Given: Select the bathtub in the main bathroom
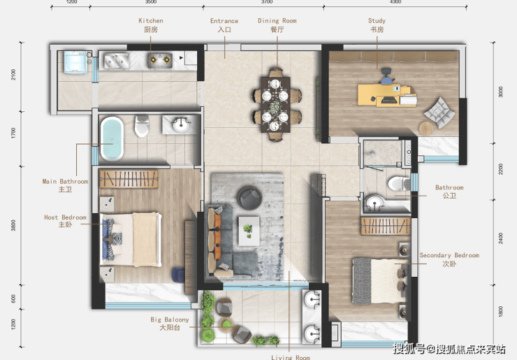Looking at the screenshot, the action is point(112,138).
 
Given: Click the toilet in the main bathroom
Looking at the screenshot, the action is point(142,126).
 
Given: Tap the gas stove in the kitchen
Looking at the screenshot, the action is point(160,59).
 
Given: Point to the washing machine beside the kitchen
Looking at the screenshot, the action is point(75,62).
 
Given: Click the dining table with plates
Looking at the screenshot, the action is point(275,104).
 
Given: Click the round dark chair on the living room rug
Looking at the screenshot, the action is point(249,198).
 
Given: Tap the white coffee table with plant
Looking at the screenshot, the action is point(249,231).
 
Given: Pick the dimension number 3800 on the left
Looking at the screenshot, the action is point(13,225).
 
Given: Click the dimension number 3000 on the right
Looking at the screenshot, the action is point(500,92).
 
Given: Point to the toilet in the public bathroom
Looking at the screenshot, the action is point(398,183).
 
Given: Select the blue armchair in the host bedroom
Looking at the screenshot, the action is point(178,275).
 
